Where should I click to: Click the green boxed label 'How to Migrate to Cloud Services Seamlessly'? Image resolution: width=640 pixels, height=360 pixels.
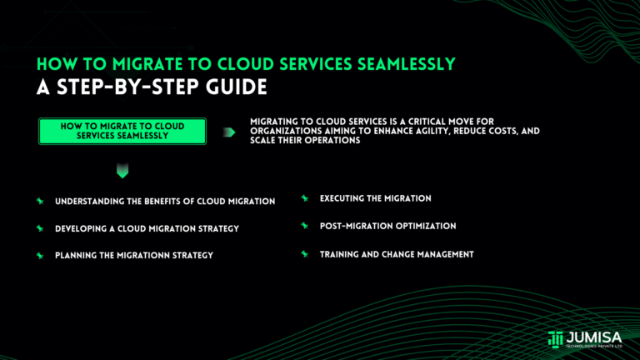click(122, 131)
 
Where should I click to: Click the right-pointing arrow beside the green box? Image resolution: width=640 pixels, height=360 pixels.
click(228, 132)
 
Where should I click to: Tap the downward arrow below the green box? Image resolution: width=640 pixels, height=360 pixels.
click(122, 172)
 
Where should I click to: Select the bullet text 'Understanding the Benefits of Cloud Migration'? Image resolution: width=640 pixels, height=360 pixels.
click(165, 202)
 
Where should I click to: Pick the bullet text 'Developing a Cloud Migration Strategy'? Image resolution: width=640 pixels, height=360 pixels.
click(147, 228)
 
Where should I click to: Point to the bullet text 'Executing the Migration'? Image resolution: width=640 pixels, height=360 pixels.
click(375, 198)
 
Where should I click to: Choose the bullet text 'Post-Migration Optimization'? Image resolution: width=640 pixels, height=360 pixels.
click(387, 226)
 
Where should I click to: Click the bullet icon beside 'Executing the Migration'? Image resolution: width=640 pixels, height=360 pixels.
click(305, 198)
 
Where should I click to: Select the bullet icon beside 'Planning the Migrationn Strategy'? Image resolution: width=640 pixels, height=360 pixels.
click(39, 255)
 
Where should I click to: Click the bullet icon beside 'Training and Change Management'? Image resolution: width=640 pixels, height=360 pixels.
click(305, 253)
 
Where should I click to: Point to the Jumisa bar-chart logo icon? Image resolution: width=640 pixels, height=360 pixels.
click(556, 338)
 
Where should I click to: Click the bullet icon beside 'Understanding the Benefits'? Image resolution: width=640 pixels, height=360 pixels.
click(39, 202)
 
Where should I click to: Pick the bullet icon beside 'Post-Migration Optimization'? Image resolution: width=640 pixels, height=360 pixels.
click(305, 226)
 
